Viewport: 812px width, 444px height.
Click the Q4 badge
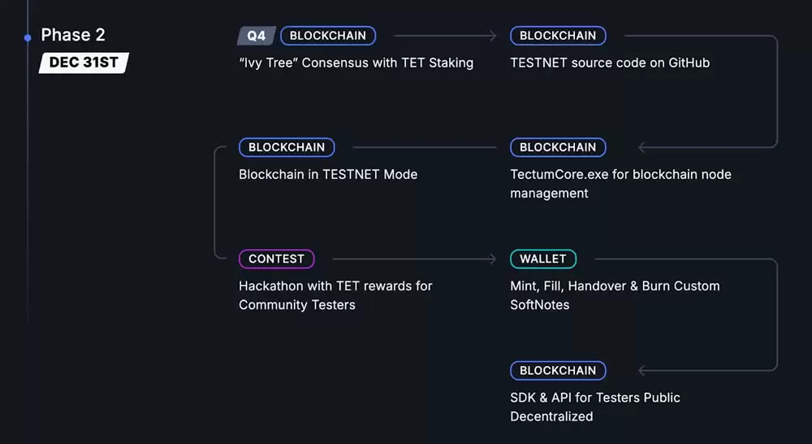(x=257, y=36)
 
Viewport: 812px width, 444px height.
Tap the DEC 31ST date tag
(x=84, y=63)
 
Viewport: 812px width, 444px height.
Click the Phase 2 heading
(x=73, y=35)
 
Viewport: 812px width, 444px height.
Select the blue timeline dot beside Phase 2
(x=28, y=37)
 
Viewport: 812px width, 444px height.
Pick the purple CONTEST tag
(x=276, y=259)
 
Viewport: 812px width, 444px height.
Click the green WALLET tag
(x=543, y=259)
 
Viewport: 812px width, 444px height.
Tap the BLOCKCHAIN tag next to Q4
(x=328, y=36)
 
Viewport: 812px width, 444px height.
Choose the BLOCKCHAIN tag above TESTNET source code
(x=558, y=36)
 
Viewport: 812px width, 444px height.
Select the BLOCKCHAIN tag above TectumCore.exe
(x=558, y=147)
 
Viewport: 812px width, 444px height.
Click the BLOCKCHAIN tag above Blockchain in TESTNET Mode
(x=287, y=147)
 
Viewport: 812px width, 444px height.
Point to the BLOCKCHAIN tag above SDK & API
(x=558, y=370)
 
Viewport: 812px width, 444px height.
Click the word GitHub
(x=689, y=63)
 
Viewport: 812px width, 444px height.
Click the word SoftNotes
(x=540, y=305)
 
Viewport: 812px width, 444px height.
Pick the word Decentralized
(x=551, y=416)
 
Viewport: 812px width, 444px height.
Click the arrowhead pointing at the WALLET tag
(x=492, y=259)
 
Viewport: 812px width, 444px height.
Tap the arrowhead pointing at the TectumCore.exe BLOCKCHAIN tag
(x=642, y=147)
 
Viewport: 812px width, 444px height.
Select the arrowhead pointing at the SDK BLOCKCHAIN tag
(x=642, y=370)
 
